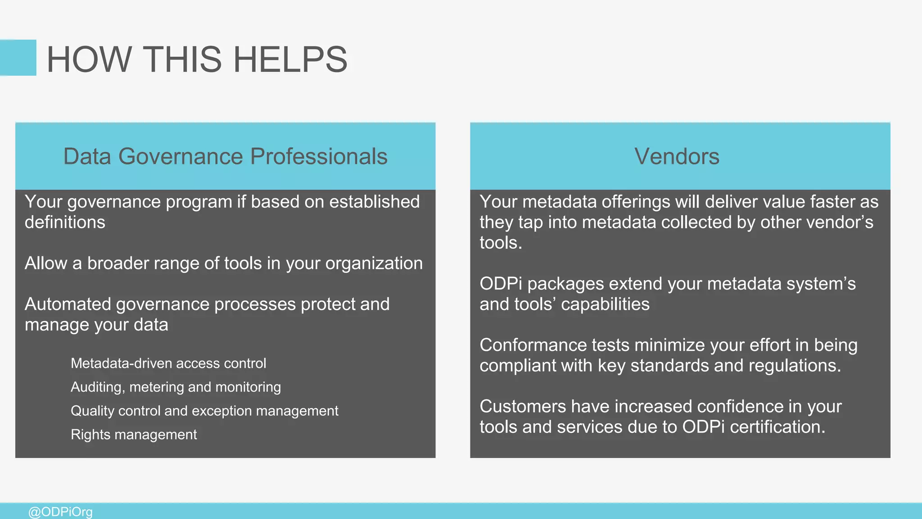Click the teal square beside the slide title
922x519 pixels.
click(x=18, y=58)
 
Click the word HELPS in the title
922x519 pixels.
click(x=290, y=59)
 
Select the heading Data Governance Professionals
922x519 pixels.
click(x=225, y=156)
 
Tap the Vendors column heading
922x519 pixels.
click(x=677, y=156)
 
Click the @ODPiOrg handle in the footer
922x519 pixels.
click(x=60, y=512)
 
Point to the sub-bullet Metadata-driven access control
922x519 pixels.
click(x=168, y=363)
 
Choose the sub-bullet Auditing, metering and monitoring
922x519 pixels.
click(x=176, y=387)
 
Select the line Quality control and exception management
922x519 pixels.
click(x=204, y=411)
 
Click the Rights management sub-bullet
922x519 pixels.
click(x=134, y=434)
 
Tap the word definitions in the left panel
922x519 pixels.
click(x=65, y=222)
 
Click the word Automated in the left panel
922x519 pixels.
click(x=68, y=304)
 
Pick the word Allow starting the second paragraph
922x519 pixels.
click(x=46, y=263)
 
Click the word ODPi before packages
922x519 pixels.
click(x=501, y=284)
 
